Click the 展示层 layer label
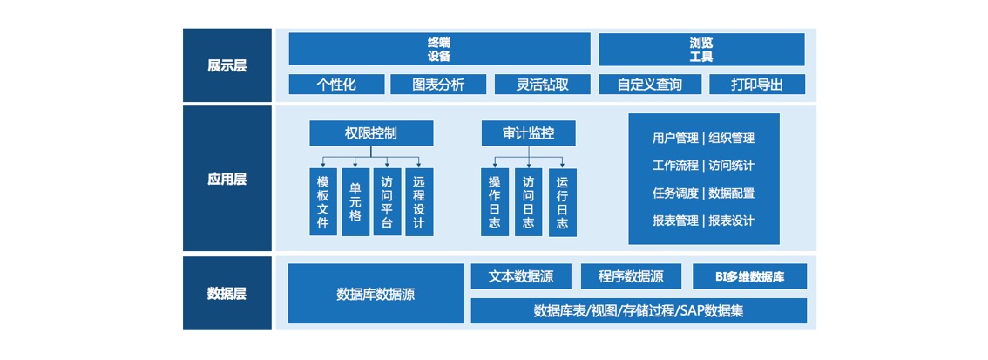tap(227, 65)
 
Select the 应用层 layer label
tap(227, 179)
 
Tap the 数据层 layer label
tap(227, 293)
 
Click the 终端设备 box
tap(439, 49)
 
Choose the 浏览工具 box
tap(700, 49)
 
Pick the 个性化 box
tap(335, 85)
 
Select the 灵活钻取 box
tap(542, 85)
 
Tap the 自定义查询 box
tap(649, 85)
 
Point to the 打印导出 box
tap(756, 85)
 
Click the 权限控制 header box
tap(371, 133)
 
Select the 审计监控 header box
tap(528, 133)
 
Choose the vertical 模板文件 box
tap(323, 202)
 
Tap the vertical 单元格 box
tap(355, 202)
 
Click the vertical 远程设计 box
tap(419, 202)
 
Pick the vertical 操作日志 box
tap(495, 202)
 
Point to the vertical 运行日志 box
tap(562, 202)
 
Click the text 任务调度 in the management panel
tap(675, 193)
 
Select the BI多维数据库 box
tap(749, 277)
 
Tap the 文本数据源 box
tap(521, 277)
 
